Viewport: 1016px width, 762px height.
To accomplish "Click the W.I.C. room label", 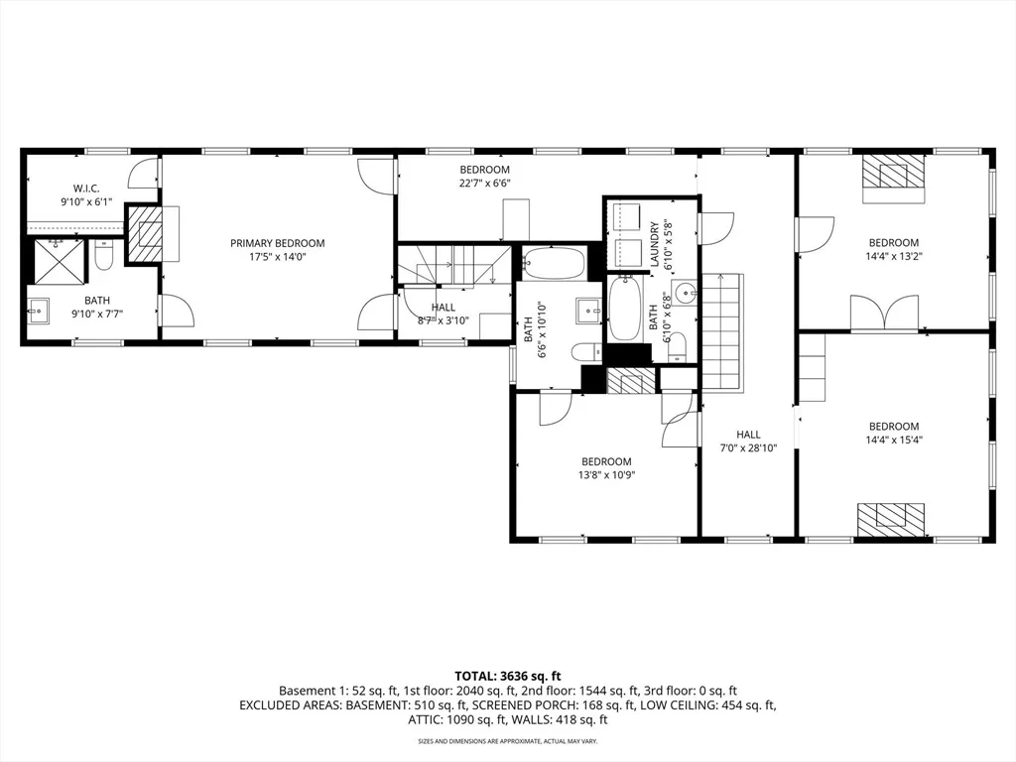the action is pos(86,189).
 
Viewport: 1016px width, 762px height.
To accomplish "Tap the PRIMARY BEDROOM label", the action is pos(278,244).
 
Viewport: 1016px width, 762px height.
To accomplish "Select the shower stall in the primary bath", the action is pos(59,262).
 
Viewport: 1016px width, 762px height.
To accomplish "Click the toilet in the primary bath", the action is pos(103,255).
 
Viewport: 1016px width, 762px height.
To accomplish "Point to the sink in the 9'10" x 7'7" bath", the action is pos(39,311).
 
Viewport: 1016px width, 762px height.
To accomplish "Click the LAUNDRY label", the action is pos(655,245).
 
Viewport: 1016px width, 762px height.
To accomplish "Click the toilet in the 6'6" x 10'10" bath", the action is pos(586,352).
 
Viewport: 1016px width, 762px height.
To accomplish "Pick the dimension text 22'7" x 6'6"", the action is pos(484,184).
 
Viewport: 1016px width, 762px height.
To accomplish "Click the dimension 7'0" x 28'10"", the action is pos(748,447).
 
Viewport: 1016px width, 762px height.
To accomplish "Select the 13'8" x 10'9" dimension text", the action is pos(606,475).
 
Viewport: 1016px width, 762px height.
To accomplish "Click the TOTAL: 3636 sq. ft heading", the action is pos(507,677).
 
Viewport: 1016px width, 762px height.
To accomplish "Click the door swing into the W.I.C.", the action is pos(144,173).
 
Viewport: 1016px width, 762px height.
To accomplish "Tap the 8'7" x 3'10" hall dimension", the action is pos(444,320).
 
